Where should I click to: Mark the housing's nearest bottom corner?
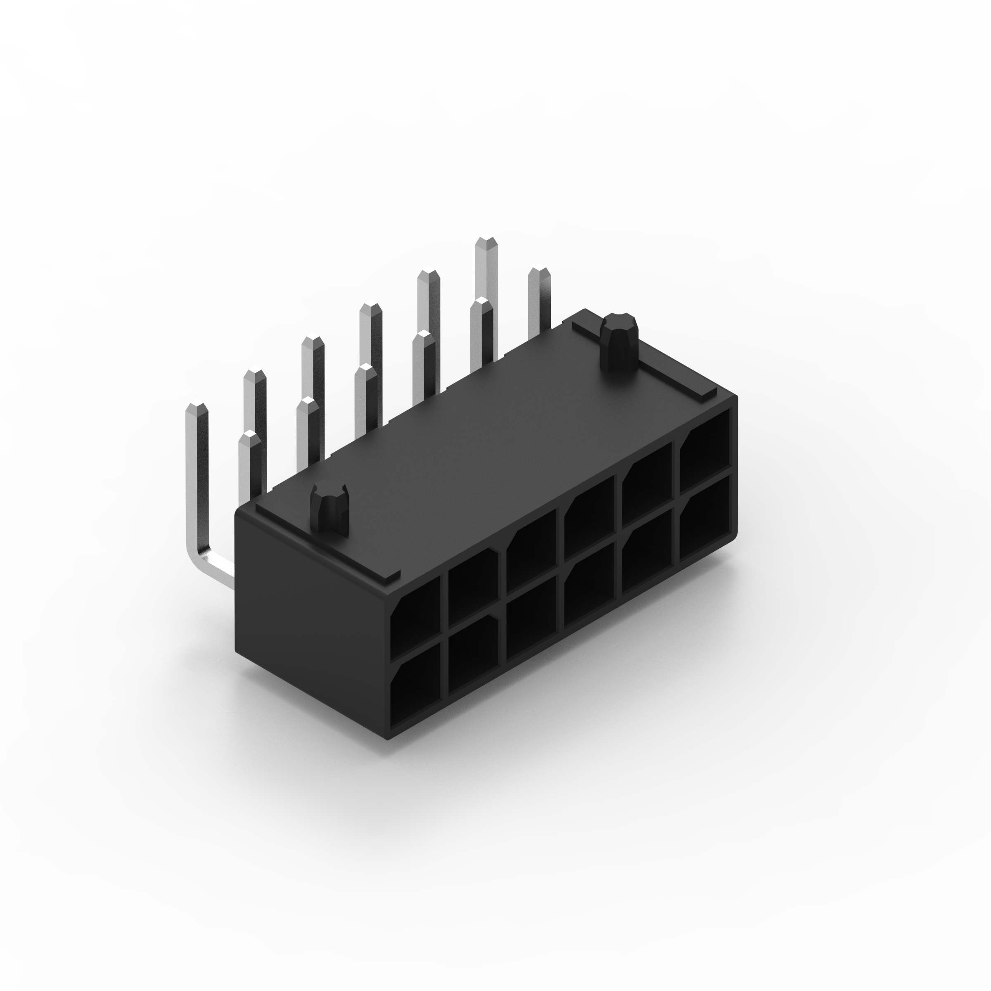point(387,738)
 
